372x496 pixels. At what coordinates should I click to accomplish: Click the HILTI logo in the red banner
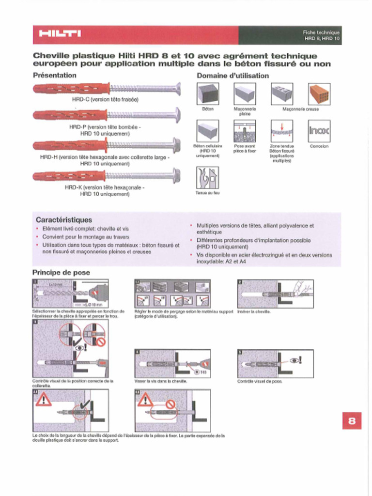pyautogui.click(x=60, y=34)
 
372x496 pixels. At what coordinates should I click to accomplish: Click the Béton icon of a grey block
pyautogui.click(x=208, y=94)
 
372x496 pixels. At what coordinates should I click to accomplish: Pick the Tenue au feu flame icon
pyautogui.click(x=207, y=177)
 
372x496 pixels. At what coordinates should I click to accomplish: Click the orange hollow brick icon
pyautogui.click(x=319, y=94)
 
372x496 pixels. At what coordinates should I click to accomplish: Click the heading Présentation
pyautogui.click(x=54, y=75)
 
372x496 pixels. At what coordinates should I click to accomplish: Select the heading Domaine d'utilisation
pyautogui.click(x=232, y=76)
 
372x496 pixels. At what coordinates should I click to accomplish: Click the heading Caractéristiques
pyautogui.click(x=63, y=220)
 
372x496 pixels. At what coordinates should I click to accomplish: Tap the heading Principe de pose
pyautogui.click(x=61, y=272)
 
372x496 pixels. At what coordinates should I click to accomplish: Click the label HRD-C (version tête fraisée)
pyautogui.click(x=105, y=99)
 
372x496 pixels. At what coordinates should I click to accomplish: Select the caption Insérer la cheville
pyautogui.click(x=254, y=311)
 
